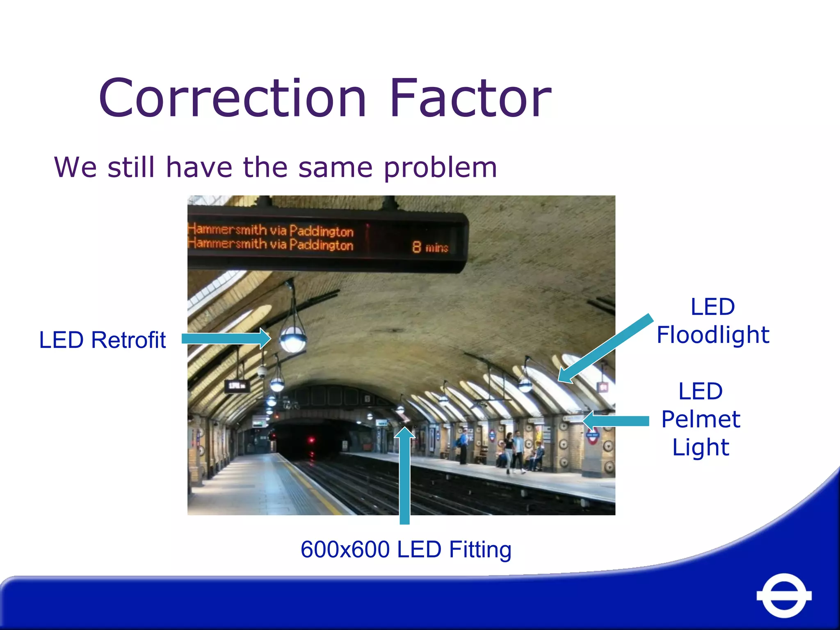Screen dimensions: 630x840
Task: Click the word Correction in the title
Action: coord(232,98)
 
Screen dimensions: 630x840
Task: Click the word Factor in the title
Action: coord(470,98)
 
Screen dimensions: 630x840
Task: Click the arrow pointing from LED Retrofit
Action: coord(226,338)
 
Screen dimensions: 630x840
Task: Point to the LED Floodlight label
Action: coord(713,321)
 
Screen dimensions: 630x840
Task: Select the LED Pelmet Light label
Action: coord(701,419)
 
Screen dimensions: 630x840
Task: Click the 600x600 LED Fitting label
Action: coord(406,549)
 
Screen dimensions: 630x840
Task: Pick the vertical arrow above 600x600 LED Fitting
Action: coord(405,476)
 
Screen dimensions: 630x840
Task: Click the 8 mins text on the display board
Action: coord(430,247)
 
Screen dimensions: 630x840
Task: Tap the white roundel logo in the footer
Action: coord(784,595)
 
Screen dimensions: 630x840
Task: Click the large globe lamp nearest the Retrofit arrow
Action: coord(292,339)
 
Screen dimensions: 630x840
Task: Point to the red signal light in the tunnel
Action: coord(311,441)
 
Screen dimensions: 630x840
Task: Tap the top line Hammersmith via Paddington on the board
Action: coord(271,230)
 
